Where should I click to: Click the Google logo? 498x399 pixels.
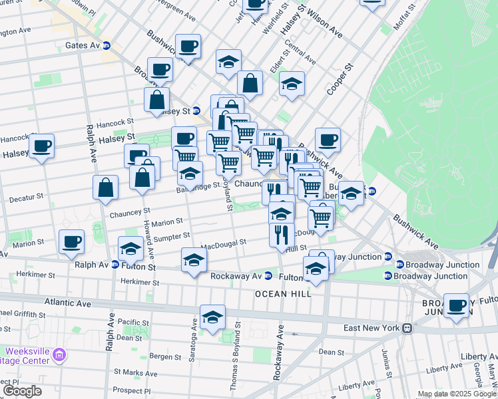[x=22, y=391]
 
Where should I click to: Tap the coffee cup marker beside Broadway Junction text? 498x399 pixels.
[x=456, y=306]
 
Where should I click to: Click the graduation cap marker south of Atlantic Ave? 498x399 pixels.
[x=212, y=317]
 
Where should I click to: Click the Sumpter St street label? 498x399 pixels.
[x=172, y=237]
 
